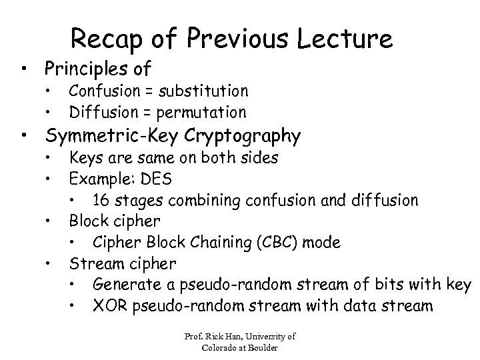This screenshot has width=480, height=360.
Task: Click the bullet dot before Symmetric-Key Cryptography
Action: [25, 137]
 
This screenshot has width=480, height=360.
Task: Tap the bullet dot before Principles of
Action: [25, 69]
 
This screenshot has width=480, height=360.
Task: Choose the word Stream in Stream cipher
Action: [93, 263]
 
